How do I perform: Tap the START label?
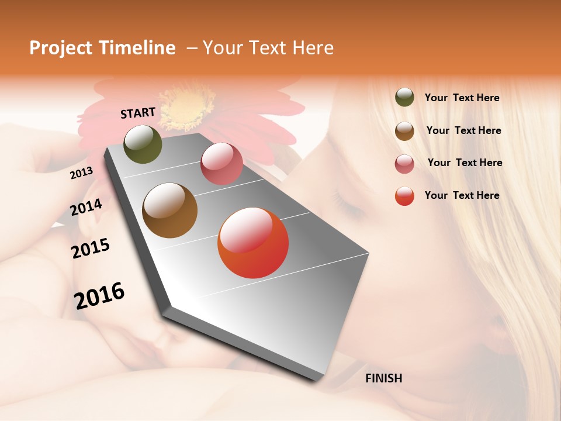pos(138,113)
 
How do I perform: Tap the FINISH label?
pos(384,378)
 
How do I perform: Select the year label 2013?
pos(81,173)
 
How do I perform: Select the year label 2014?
pos(86,207)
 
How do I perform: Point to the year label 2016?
pos(99,296)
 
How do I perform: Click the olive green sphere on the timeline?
pos(143,144)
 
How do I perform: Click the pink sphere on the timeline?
pos(221,164)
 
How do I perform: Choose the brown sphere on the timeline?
pos(170,210)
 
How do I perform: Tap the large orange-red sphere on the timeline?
pos(253,243)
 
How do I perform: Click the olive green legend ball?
pos(404,98)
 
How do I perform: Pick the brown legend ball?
pos(404,131)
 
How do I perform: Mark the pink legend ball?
pos(404,164)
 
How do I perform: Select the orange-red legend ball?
pos(404,196)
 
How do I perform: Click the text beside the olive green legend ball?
pos(462,98)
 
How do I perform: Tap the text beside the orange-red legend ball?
pos(462,195)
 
